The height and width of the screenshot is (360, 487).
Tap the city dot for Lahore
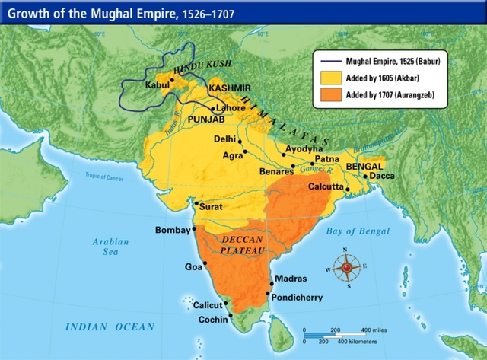[x=213, y=109]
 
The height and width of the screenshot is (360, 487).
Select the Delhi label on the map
[x=224, y=139]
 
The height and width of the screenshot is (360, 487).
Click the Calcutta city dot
[x=347, y=188]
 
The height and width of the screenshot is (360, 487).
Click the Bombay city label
[x=171, y=229]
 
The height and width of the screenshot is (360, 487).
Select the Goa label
[x=193, y=266]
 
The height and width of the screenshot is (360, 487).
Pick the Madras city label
[x=290, y=279]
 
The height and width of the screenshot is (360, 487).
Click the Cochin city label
[x=212, y=320]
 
